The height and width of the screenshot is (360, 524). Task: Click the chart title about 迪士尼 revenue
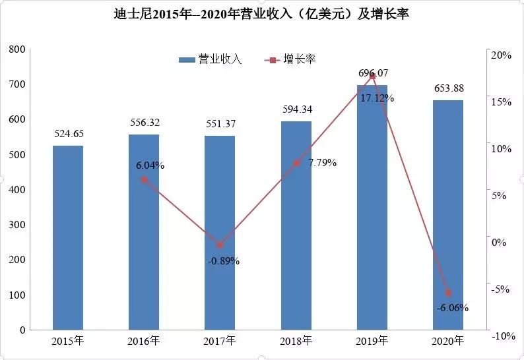[261, 14]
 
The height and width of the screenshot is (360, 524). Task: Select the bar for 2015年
[68, 237]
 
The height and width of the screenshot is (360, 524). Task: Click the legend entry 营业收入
[211, 59]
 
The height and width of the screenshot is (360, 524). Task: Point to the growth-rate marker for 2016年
[144, 179]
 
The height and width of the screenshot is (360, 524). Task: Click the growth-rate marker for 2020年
[448, 293]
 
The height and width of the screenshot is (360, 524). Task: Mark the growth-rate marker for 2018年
[296, 163]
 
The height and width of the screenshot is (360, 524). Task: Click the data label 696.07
[372, 73]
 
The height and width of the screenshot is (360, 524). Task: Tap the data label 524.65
[68, 134]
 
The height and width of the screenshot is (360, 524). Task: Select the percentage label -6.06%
[452, 308]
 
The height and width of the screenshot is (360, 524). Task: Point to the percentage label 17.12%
[377, 98]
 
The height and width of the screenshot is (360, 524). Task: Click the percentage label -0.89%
[223, 261]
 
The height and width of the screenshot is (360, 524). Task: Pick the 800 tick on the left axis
[18, 49]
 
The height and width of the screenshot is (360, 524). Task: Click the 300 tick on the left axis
[18, 225]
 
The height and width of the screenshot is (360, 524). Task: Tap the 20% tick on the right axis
[502, 55]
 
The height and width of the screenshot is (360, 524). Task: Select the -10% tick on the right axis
[501, 336]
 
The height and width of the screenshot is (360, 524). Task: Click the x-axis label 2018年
[296, 341]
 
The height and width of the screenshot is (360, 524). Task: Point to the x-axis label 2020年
[448, 341]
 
